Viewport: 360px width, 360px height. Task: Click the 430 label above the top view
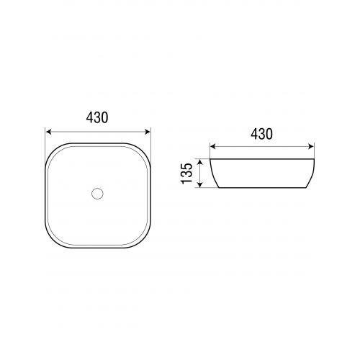pyautogui.click(x=97, y=118)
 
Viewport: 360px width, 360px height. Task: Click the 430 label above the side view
pyautogui.click(x=261, y=134)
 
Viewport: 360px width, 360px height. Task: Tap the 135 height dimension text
pyautogui.click(x=187, y=174)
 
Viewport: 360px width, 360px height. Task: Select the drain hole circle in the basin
pyautogui.click(x=97, y=193)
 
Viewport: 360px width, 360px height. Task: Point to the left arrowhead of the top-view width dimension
pyautogui.click(x=49, y=132)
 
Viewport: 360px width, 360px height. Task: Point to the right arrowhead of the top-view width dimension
pyautogui.click(x=147, y=132)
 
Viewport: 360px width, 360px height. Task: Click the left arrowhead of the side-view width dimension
pyautogui.click(x=213, y=146)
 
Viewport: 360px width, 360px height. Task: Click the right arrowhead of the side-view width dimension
pyautogui.click(x=311, y=146)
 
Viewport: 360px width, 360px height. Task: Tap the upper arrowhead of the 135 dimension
pyautogui.click(x=200, y=162)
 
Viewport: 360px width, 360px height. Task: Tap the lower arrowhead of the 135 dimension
pyautogui.click(x=200, y=184)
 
